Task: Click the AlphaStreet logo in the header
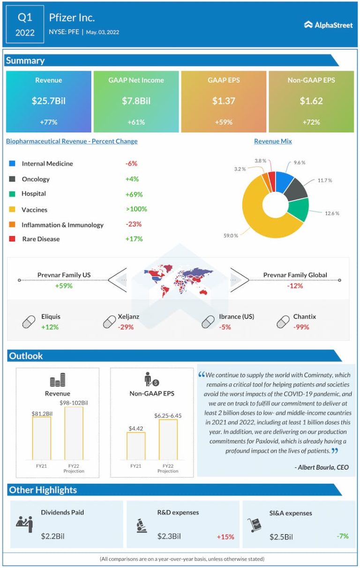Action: pyautogui.click(x=328, y=25)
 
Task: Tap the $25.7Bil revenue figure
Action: pyautogui.click(x=48, y=101)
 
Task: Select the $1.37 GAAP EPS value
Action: pyautogui.click(x=223, y=101)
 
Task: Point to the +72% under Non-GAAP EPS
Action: pyautogui.click(x=311, y=122)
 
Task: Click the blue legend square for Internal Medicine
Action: pyautogui.click(x=12, y=164)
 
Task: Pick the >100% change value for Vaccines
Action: pyautogui.click(x=136, y=209)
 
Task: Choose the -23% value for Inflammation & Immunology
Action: pyautogui.click(x=133, y=224)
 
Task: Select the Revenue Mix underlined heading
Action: pyautogui.click(x=273, y=141)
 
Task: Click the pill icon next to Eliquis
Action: pyautogui.click(x=29, y=322)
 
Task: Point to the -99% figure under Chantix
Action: pyautogui.click(x=301, y=327)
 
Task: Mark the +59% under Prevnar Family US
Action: pyautogui.click(x=63, y=285)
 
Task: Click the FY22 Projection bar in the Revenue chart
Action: pyautogui.click(x=74, y=433)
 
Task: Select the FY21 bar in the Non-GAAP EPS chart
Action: pyautogui.click(x=136, y=446)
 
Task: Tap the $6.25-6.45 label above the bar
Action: pyautogui.click(x=168, y=415)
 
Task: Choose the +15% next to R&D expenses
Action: pyautogui.click(x=225, y=537)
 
